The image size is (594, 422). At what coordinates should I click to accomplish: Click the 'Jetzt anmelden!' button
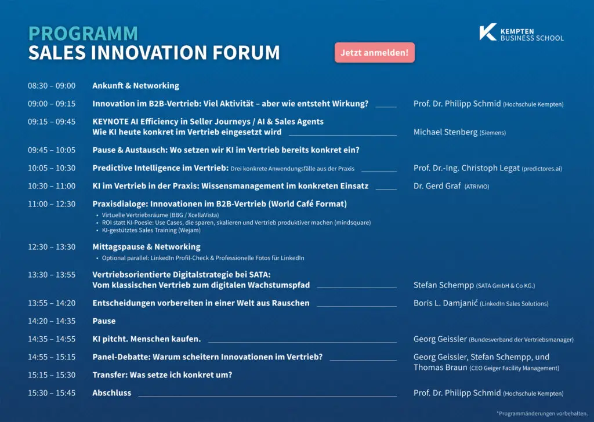[374, 53]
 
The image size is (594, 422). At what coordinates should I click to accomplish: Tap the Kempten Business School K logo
[487, 32]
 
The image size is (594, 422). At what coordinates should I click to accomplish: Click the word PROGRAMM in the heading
[83, 34]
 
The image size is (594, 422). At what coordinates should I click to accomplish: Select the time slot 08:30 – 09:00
[52, 86]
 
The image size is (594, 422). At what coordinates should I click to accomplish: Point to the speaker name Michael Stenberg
[445, 132]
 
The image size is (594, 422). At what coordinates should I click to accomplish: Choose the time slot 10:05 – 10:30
[52, 168]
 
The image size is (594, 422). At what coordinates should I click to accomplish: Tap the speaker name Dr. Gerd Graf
[437, 186]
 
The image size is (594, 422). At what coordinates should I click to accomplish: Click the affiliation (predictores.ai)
[542, 169]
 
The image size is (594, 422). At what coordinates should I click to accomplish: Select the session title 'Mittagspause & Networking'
[146, 247]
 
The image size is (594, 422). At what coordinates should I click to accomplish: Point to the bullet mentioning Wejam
[151, 230]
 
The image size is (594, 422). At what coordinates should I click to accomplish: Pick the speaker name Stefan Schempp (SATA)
[444, 285]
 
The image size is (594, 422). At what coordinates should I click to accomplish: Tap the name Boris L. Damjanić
[445, 303]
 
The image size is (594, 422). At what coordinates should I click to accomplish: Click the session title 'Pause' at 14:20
[104, 321]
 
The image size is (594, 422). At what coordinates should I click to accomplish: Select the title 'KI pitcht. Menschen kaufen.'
[147, 339]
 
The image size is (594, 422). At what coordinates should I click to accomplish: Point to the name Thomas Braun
[440, 368]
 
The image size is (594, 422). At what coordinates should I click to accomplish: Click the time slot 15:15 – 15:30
[52, 375]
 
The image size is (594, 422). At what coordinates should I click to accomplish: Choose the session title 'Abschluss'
[112, 393]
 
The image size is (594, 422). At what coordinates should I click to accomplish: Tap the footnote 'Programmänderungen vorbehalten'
[542, 413]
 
